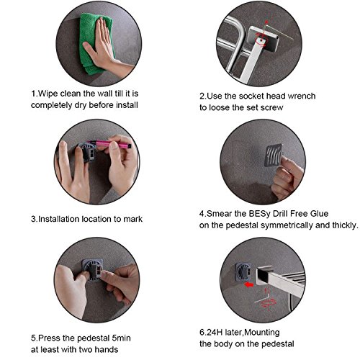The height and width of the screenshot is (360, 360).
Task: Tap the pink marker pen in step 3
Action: [x=110, y=143]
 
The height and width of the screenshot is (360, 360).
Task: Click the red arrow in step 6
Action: [x=248, y=284]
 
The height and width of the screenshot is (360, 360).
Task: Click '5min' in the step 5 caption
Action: [x=122, y=338]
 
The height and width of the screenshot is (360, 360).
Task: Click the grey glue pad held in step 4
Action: [x=273, y=155]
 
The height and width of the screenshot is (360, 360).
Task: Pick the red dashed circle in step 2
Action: [x=261, y=40]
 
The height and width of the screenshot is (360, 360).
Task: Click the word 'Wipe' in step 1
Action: [x=48, y=94]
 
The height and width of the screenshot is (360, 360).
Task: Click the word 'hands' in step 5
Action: [x=107, y=349]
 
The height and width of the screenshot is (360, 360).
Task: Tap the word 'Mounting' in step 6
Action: [x=262, y=333]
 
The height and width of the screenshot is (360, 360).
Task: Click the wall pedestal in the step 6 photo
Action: [x=243, y=272]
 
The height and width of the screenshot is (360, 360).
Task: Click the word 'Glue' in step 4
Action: [x=319, y=214]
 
